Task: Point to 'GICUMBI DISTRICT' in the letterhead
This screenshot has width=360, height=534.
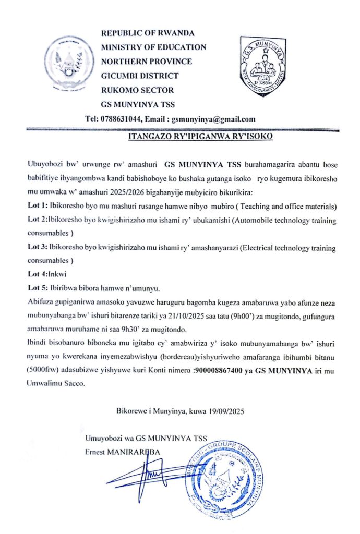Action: click(139, 76)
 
